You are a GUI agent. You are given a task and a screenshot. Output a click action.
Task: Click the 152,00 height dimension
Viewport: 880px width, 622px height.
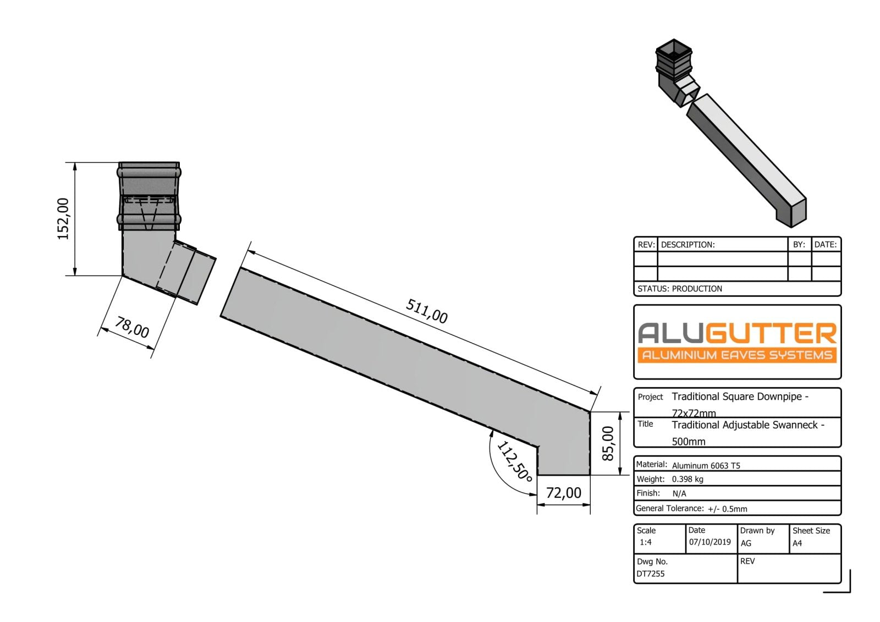pyautogui.click(x=63, y=218)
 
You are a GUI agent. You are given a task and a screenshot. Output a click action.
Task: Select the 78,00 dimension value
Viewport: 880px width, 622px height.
pyautogui.click(x=132, y=328)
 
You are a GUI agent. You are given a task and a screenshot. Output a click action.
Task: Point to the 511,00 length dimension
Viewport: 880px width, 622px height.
pyautogui.click(x=426, y=311)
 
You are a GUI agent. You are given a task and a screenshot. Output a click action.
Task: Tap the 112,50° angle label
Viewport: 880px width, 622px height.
pyautogui.click(x=514, y=461)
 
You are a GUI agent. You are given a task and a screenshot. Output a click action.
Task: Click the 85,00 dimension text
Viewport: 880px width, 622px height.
pyautogui.click(x=607, y=443)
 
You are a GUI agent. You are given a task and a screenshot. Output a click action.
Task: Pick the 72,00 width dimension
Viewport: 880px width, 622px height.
pyautogui.click(x=563, y=493)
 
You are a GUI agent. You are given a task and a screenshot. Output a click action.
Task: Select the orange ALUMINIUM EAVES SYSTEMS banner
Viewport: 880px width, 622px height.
pyautogui.click(x=737, y=355)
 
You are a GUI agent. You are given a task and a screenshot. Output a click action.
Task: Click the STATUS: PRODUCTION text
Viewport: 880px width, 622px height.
pyautogui.click(x=680, y=289)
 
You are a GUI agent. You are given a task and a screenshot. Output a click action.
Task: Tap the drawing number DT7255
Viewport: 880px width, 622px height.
pyautogui.click(x=651, y=574)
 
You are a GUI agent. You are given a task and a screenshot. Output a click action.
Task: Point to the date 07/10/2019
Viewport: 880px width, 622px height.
pyautogui.click(x=710, y=542)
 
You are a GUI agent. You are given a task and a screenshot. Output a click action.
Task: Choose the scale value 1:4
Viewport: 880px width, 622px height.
pyautogui.click(x=646, y=542)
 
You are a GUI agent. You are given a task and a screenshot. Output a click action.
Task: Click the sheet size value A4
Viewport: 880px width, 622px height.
pyautogui.click(x=797, y=543)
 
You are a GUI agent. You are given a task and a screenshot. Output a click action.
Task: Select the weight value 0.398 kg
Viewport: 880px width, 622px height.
pyautogui.click(x=687, y=479)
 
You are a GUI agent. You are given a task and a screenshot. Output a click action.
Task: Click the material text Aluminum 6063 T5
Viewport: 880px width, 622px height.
pyautogui.click(x=706, y=465)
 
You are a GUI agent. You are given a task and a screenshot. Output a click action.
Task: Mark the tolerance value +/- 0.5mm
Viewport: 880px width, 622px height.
pyautogui.click(x=727, y=509)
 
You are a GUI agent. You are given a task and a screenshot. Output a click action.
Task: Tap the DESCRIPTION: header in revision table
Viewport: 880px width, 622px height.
pyautogui.click(x=687, y=245)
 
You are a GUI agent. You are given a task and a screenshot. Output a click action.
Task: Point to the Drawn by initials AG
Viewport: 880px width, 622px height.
pyautogui.click(x=746, y=543)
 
